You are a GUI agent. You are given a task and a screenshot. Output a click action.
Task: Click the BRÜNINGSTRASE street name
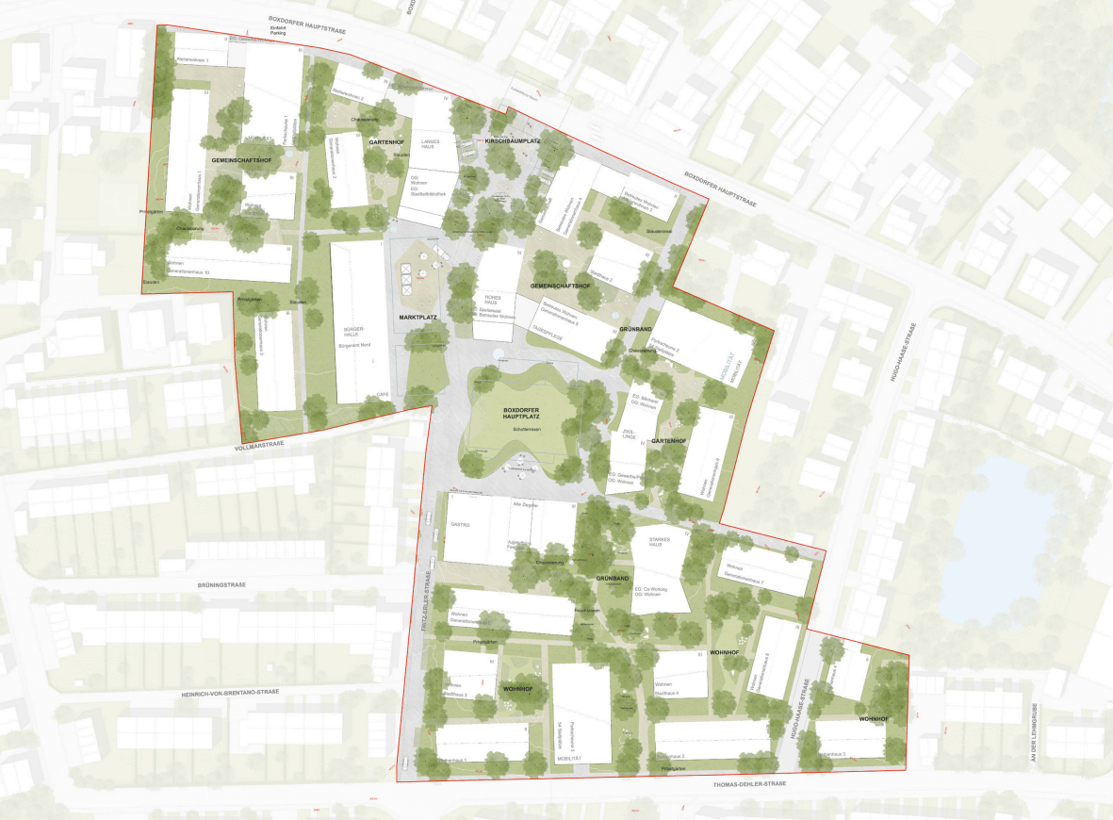click(x=222, y=584)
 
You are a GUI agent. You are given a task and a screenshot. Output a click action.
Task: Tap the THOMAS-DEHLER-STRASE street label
click(x=739, y=784)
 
